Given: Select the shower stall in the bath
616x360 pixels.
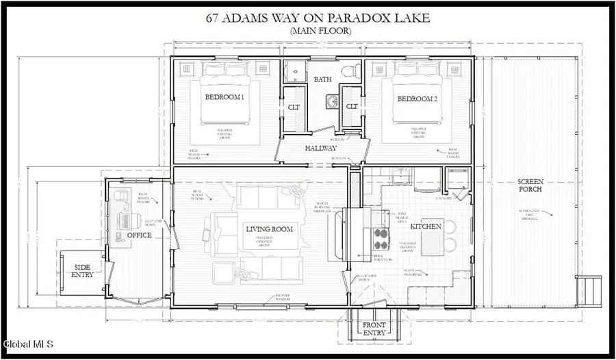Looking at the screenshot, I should pyautogui.click(x=296, y=70).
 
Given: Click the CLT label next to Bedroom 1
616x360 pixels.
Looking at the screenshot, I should pyautogui.click(x=294, y=107).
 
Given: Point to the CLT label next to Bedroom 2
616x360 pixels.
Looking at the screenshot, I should pyautogui.click(x=352, y=107).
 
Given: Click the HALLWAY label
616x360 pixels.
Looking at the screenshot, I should pyautogui.click(x=321, y=148).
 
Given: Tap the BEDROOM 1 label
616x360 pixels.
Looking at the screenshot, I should pyautogui.click(x=224, y=98).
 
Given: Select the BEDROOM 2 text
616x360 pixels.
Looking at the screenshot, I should pyautogui.click(x=418, y=99).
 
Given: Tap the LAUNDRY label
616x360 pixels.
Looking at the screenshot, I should pyautogui.click(x=445, y=198).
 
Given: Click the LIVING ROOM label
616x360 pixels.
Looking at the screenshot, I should pyautogui.click(x=269, y=228).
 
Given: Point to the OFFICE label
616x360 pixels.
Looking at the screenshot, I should pyautogui.click(x=139, y=235).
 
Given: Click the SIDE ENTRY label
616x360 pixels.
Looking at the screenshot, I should pyautogui.click(x=81, y=270).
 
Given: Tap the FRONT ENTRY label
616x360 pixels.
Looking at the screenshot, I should pyautogui.click(x=374, y=329).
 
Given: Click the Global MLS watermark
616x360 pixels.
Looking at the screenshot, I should pyautogui.click(x=29, y=344).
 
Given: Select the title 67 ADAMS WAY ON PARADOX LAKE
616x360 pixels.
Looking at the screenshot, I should pyautogui.click(x=319, y=18).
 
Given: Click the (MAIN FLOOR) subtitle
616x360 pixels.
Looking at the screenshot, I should pyautogui.click(x=319, y=31).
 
